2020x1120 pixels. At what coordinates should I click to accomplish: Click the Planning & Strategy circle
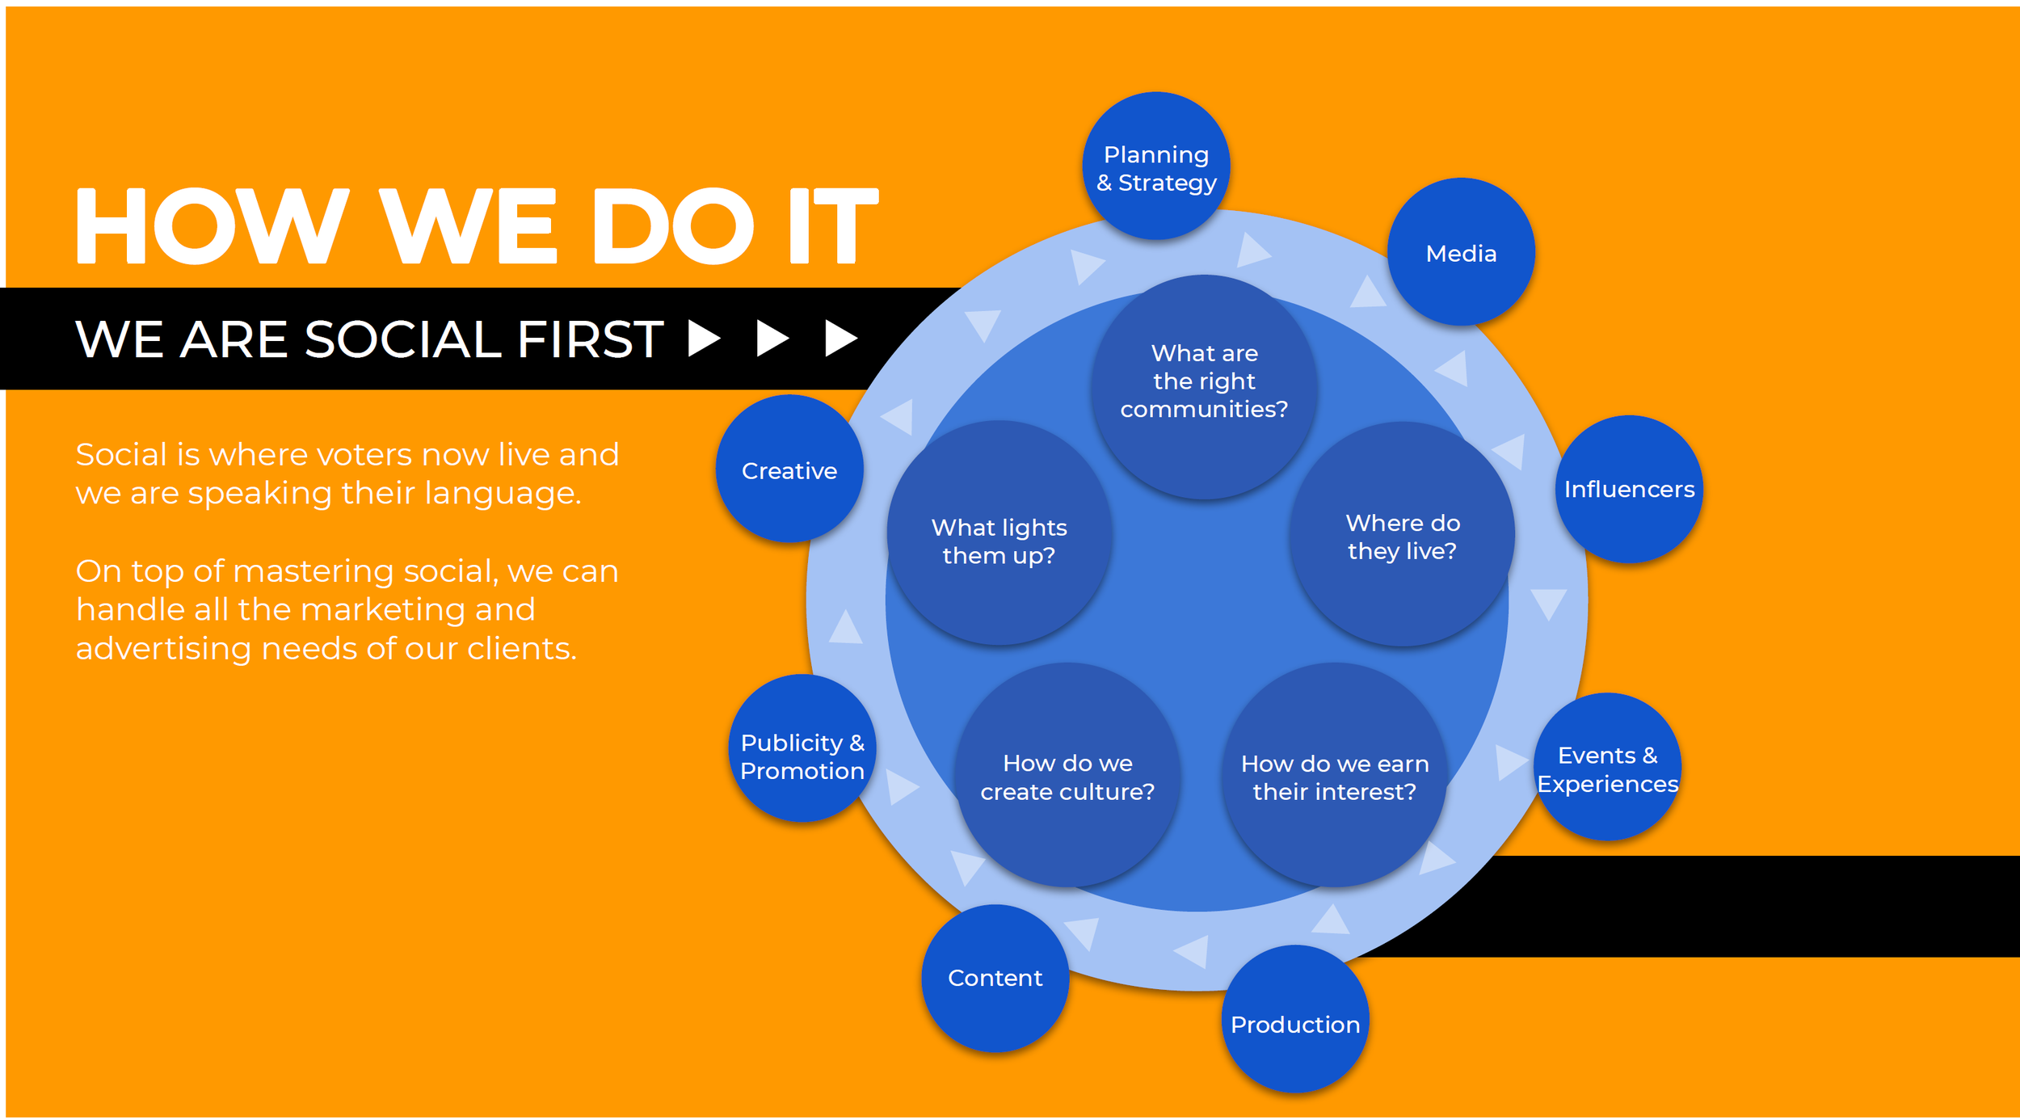(1156, 166)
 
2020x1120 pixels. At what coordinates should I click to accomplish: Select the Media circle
(1461, 253)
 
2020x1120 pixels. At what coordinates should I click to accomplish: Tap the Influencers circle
(1629, 489)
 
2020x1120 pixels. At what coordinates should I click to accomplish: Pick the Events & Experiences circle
(1607, 768)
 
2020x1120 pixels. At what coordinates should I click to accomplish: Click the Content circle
(995, 978)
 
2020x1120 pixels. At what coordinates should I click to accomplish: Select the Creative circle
(789, 469)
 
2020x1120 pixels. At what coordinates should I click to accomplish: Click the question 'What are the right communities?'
(1204, 381)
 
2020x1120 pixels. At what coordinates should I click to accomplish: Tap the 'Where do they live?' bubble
(1402, 536)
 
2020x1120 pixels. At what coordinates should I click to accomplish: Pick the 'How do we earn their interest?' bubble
(1334, 777)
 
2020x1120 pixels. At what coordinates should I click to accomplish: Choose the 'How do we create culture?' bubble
(1067, 777)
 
